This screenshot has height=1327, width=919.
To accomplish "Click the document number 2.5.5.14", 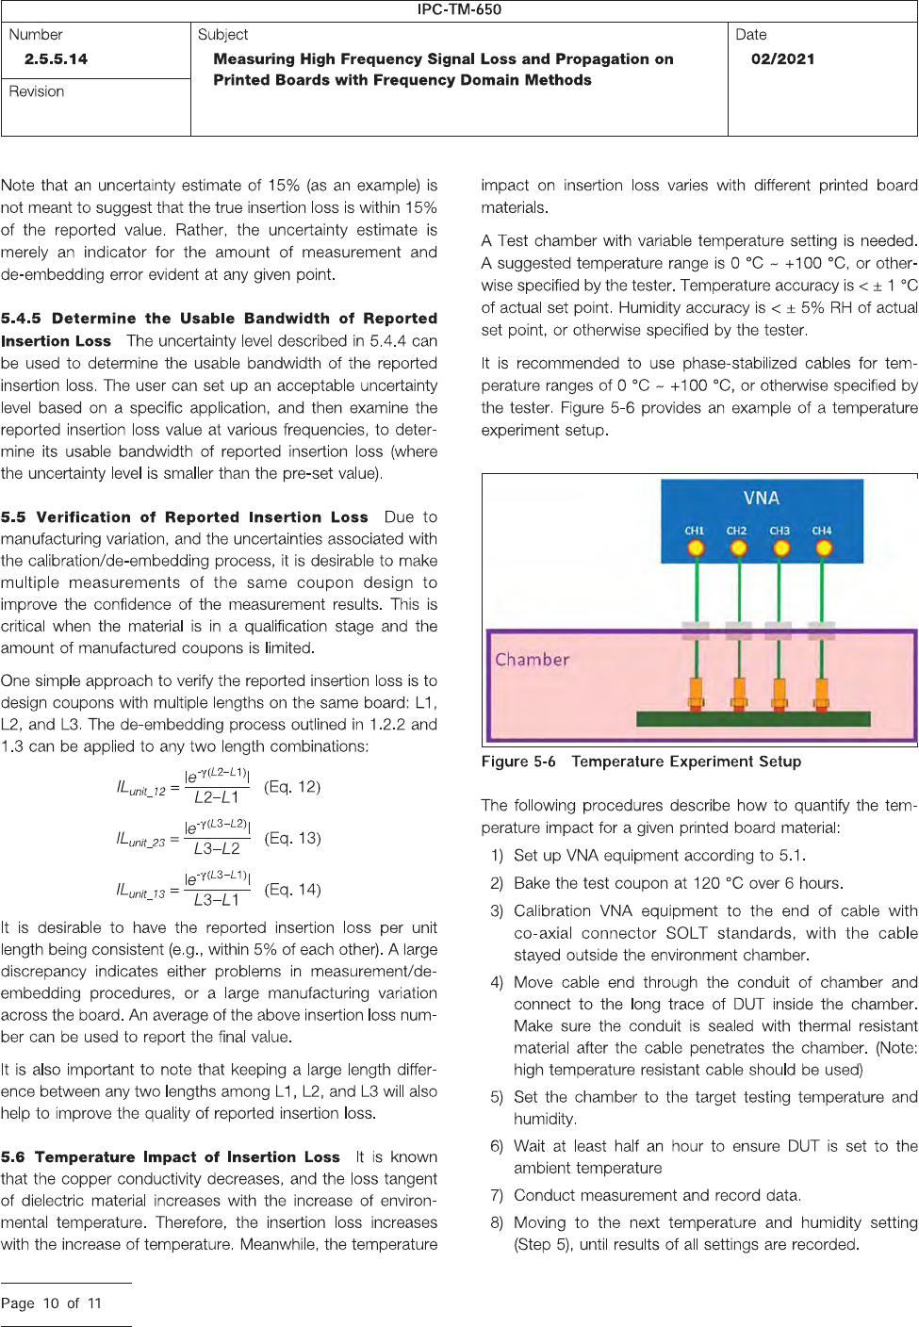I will pyautogui.click(x=56, y=59).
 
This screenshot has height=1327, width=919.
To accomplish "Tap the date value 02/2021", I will pyautogui.click(x=782, y=59).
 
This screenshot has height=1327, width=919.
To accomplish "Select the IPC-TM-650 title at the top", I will pyautogui.click(x=459, y=9).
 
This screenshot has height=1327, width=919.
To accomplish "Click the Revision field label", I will pyautogui.click(x=37, y=91).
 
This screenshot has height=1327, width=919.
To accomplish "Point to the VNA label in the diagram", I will pyautogui.click(x=761, y=499).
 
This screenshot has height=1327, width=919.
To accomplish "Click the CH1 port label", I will pyautogui.click(x=695, y=531).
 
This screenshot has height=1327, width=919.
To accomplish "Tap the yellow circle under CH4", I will pyautogui.click(x=823, y=548).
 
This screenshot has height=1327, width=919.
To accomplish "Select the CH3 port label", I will pyautogui.click(x=780, y=531).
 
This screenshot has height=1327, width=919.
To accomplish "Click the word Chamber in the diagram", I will pyautogui.click(x=533, y=660).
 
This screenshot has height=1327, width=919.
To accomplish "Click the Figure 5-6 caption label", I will pyautogui.click(x=518, y=762).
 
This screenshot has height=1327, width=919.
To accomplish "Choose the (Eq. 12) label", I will pyautogui.click(x=292, y=786).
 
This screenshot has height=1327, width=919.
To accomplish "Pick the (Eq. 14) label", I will pyautogui.click(x=292, y=889).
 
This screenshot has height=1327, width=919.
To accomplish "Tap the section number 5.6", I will pyautogui.click(x=13, y=1157).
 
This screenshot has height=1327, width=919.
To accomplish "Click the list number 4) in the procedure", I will pyautogui.click(x=497, y=982).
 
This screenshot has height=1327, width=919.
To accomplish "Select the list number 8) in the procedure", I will pyautogui.click(x=497, y=1222).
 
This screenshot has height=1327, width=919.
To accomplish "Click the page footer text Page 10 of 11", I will pyautogui.click(x=51, y=1303).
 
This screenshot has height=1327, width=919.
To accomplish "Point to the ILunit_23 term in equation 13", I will pyautogui.click(x=140, y=839).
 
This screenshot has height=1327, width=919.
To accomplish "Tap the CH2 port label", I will pyautogui.click(x=736, y=531).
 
